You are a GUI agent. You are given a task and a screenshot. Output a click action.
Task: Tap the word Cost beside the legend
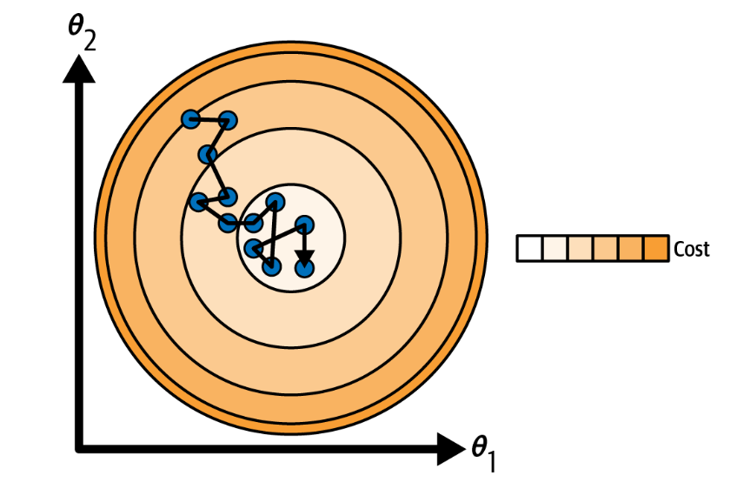692,250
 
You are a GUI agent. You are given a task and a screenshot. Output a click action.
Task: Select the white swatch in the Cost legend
529,249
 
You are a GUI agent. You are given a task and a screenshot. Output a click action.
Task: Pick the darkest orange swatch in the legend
656,249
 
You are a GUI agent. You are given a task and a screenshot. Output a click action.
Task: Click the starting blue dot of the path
190,119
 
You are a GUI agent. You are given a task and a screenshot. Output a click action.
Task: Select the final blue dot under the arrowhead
303,268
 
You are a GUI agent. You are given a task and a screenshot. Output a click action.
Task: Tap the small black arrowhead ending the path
303,255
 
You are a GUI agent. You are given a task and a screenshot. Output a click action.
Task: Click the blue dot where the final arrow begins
304,224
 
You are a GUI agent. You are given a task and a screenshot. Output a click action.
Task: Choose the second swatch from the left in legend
554,249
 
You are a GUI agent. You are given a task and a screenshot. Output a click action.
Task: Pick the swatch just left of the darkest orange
631,249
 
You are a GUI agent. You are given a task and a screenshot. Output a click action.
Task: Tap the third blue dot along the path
207,156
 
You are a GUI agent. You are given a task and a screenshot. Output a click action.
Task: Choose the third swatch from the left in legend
580,249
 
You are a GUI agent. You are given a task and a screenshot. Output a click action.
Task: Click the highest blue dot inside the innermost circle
276,203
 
